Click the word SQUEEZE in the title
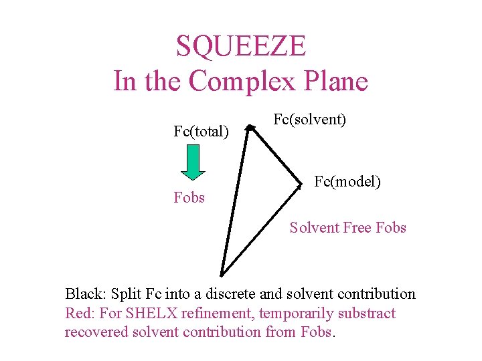tap(241, 46)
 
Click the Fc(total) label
tap(201, 131)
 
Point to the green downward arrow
tap(193, 162)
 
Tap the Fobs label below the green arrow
tap(189, 197)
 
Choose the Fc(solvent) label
tap(309, 120)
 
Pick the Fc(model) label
tap(347, 180)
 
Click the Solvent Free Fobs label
tap(347, 227)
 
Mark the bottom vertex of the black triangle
tap(221, 275)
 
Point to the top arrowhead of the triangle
tap(248, 127)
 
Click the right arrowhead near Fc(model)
tap(299, 185)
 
